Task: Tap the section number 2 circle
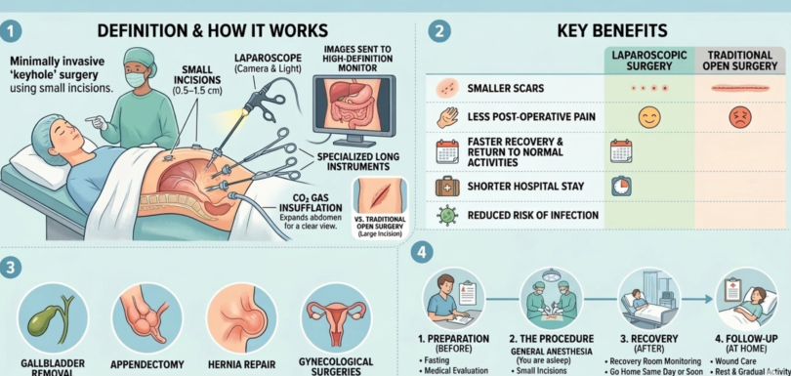pyautogui.click(x=440, y=31)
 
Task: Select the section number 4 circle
pyautogui.click(x=422, y=252)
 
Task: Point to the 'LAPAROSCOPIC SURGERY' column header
pyautogui.click(x=647, y=62)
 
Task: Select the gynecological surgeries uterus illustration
pyautogui.click(x=335, y=318)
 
